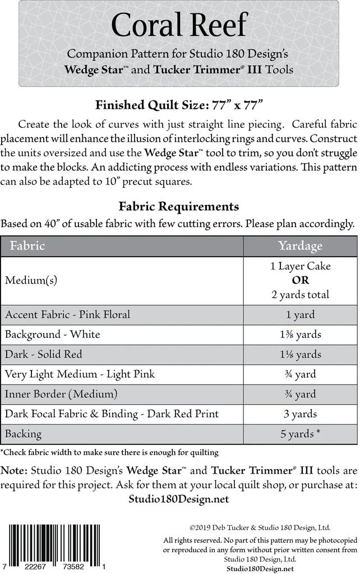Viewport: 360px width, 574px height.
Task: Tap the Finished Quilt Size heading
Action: [x=179, y=104]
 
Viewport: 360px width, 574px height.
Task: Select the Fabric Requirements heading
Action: [x=179, y=206]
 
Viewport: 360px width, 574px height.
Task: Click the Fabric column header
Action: [x=25, y=246]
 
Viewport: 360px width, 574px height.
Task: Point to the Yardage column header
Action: [x=300, y=246]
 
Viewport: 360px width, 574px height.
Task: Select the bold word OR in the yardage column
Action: [x=301, y=280]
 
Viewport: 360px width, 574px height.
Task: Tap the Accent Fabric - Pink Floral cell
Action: [x=67, y=314]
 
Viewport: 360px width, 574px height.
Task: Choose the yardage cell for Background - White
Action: [x=301, y=335]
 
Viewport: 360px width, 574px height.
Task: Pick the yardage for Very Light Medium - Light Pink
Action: [x=301, y=374]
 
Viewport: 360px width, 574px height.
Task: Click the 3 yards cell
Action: [x=301, y=414]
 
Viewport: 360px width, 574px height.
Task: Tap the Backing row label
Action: [x=23, y=434]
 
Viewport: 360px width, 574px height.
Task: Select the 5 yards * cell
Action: [x=301, y=434]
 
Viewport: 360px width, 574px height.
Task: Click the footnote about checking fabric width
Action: [x=109, y=452]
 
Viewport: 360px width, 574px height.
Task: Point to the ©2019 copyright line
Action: [x=260, y=527]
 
